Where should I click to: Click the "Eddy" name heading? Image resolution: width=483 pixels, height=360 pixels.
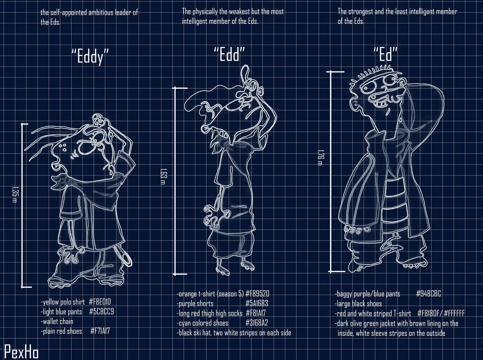click(x=90, y=56)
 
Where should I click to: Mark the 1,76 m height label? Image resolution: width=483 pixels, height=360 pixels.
click(x=321, y=158)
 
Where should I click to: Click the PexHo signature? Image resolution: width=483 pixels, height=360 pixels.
click(x=21, y=352)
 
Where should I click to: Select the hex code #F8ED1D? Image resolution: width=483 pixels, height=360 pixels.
click(x=100, y=302)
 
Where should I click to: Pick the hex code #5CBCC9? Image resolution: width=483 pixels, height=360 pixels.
click(x=101, y=311)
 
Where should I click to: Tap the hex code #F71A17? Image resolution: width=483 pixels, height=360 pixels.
click(x=100, y=331)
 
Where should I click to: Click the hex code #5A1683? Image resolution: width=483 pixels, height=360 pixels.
click(x=257, y=304)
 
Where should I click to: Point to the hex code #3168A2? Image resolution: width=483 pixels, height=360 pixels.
click(x=257, y=323)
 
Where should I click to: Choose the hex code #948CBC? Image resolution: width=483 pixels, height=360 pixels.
click(x=428, y=294)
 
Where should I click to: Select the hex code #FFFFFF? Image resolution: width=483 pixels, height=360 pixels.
click(x=454, y=313)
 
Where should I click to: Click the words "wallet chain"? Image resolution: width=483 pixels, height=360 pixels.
click(x=58, y=321)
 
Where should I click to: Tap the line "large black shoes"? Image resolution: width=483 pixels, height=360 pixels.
click(x=358, y=304)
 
